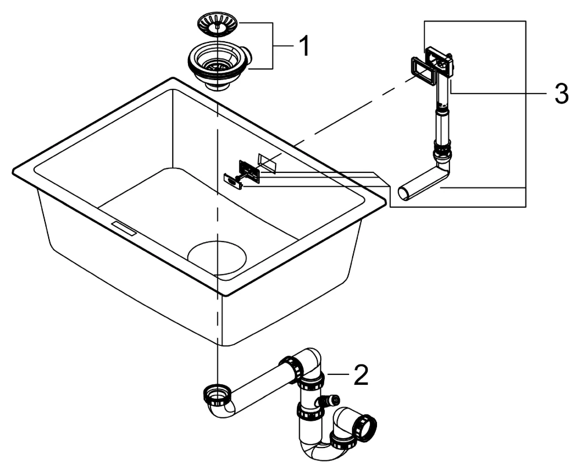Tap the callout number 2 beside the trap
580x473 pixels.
click(360, 375)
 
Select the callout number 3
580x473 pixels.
click(560, 94)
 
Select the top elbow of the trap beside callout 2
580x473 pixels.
click(310, 360)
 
